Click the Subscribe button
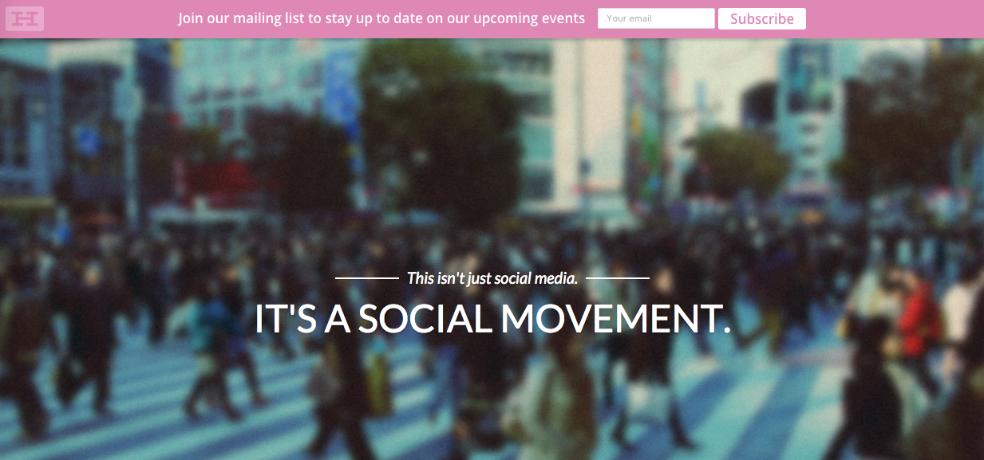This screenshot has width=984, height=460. pos(761,19)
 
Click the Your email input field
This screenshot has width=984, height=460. pos(656,18)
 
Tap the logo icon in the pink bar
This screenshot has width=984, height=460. pos(25,19)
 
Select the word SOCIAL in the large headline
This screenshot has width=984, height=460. pos(425,319)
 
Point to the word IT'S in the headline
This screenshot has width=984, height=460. pos(286,319)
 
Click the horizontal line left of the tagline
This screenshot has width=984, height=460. pos(367,278)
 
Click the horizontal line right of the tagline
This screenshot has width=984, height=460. pos(618,278)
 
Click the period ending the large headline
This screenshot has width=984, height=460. pos(726,329)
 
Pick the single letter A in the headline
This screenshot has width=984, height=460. pos(338,319)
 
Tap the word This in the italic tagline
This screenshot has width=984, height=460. pos(421,278)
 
